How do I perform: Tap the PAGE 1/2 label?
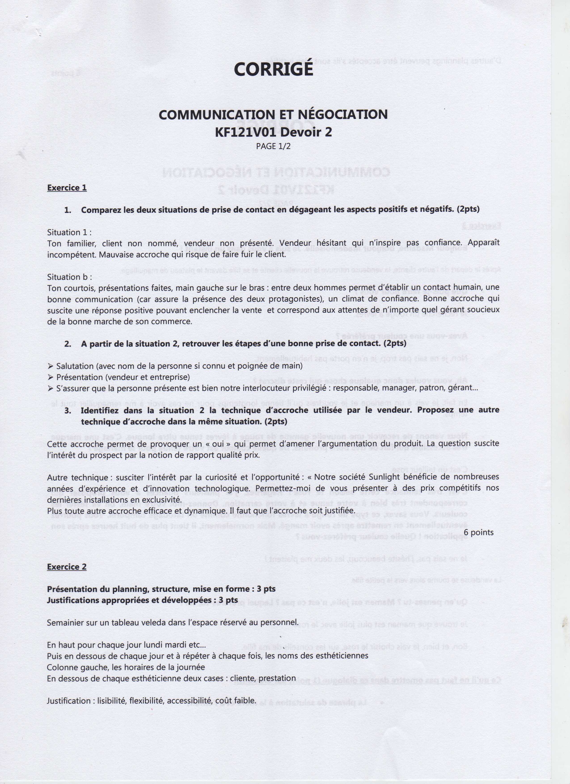coord(273,146)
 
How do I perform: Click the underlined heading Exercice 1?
coord(67,188)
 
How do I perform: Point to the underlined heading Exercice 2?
coord(67,567)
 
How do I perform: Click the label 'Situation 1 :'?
coord(69,232)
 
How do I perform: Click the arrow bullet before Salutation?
coord(51,366)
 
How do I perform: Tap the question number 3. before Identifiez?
coord(68,410)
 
